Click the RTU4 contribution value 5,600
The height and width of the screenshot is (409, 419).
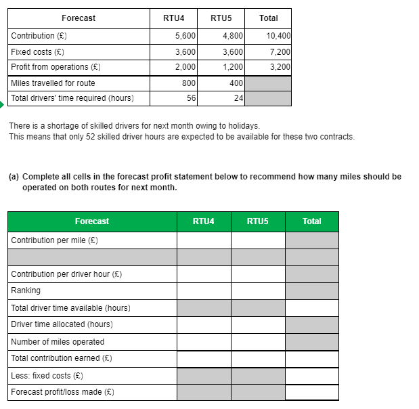pyautogui.click(x=185, y=36)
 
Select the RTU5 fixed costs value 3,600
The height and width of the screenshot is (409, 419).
pyautogui.click(x=232, y=51)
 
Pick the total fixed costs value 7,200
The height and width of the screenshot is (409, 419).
pyautogui.click(x=280, y=51)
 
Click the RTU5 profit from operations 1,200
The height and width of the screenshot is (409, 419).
pyautogui.click(x=232, y=67)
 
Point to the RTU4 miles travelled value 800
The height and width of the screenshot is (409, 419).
pyautogui.click(x=188, y=83)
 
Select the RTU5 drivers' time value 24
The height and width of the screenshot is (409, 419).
pyautogui.click(x=238, y=98)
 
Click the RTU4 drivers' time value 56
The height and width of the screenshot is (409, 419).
pyautogui.click(x=191, y=98)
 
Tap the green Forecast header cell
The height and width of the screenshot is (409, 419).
pyautogui.click(x=92, y=221)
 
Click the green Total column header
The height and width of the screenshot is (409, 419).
pyautogui.click(x=311, y=221)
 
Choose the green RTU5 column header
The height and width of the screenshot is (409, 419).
pyautogui.click(x=257, y=221)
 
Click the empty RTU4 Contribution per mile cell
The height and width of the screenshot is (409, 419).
pyautogui.click(x=204, y=240)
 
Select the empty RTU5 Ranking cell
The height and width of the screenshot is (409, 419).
pyautogui.click(x=257, y=290)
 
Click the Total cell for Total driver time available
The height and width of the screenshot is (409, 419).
pyautogui.click(x=311, y=308)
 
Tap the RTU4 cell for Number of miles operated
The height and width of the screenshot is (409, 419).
pyautogui.click(x=204, y=342)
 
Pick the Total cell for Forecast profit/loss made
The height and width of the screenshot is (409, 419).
pyautogui.click(x=311, y=392)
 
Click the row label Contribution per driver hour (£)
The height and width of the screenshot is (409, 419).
pyautogui.click(x=66, y=274)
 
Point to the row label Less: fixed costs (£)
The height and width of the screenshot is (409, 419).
pyautogui.click(x=47, y=376)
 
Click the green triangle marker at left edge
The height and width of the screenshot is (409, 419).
pyautogui.click(x=2, y=104)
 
